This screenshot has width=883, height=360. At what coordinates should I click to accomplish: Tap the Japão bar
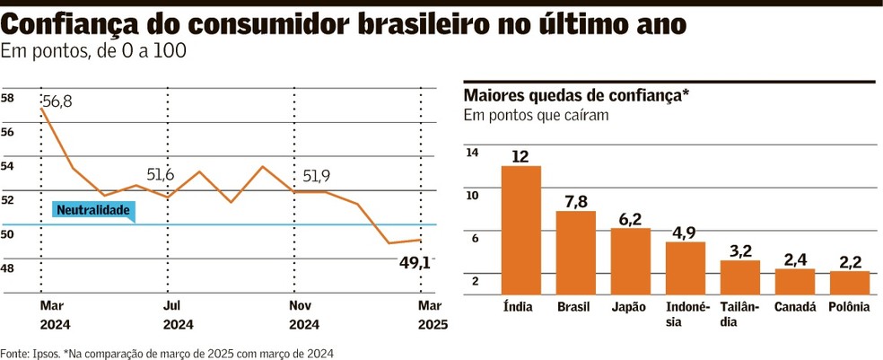(x=631, y=260)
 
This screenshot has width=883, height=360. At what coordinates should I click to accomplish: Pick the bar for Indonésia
(x=686, y=268)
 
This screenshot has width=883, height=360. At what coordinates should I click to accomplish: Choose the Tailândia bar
(x=740, y=277)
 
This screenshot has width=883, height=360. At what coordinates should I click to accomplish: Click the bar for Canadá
(x=795, y=281)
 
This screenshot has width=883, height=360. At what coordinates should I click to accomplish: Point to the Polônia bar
(x=850, y=282)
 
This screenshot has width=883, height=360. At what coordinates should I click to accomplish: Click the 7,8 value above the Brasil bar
(x=575, y=200)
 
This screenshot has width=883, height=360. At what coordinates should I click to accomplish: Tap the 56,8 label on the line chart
(x=57, y=102)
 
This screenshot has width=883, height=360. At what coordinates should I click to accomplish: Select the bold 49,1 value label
(x=414, y=263)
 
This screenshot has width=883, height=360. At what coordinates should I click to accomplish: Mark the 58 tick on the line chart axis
(x=8, y=98)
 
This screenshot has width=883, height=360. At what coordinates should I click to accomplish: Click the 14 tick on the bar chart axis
(x=472, y=153)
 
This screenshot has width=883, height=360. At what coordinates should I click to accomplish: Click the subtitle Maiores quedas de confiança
(x=575, y=95)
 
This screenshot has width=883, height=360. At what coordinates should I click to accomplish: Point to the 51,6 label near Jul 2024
(x=161, y=174)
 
